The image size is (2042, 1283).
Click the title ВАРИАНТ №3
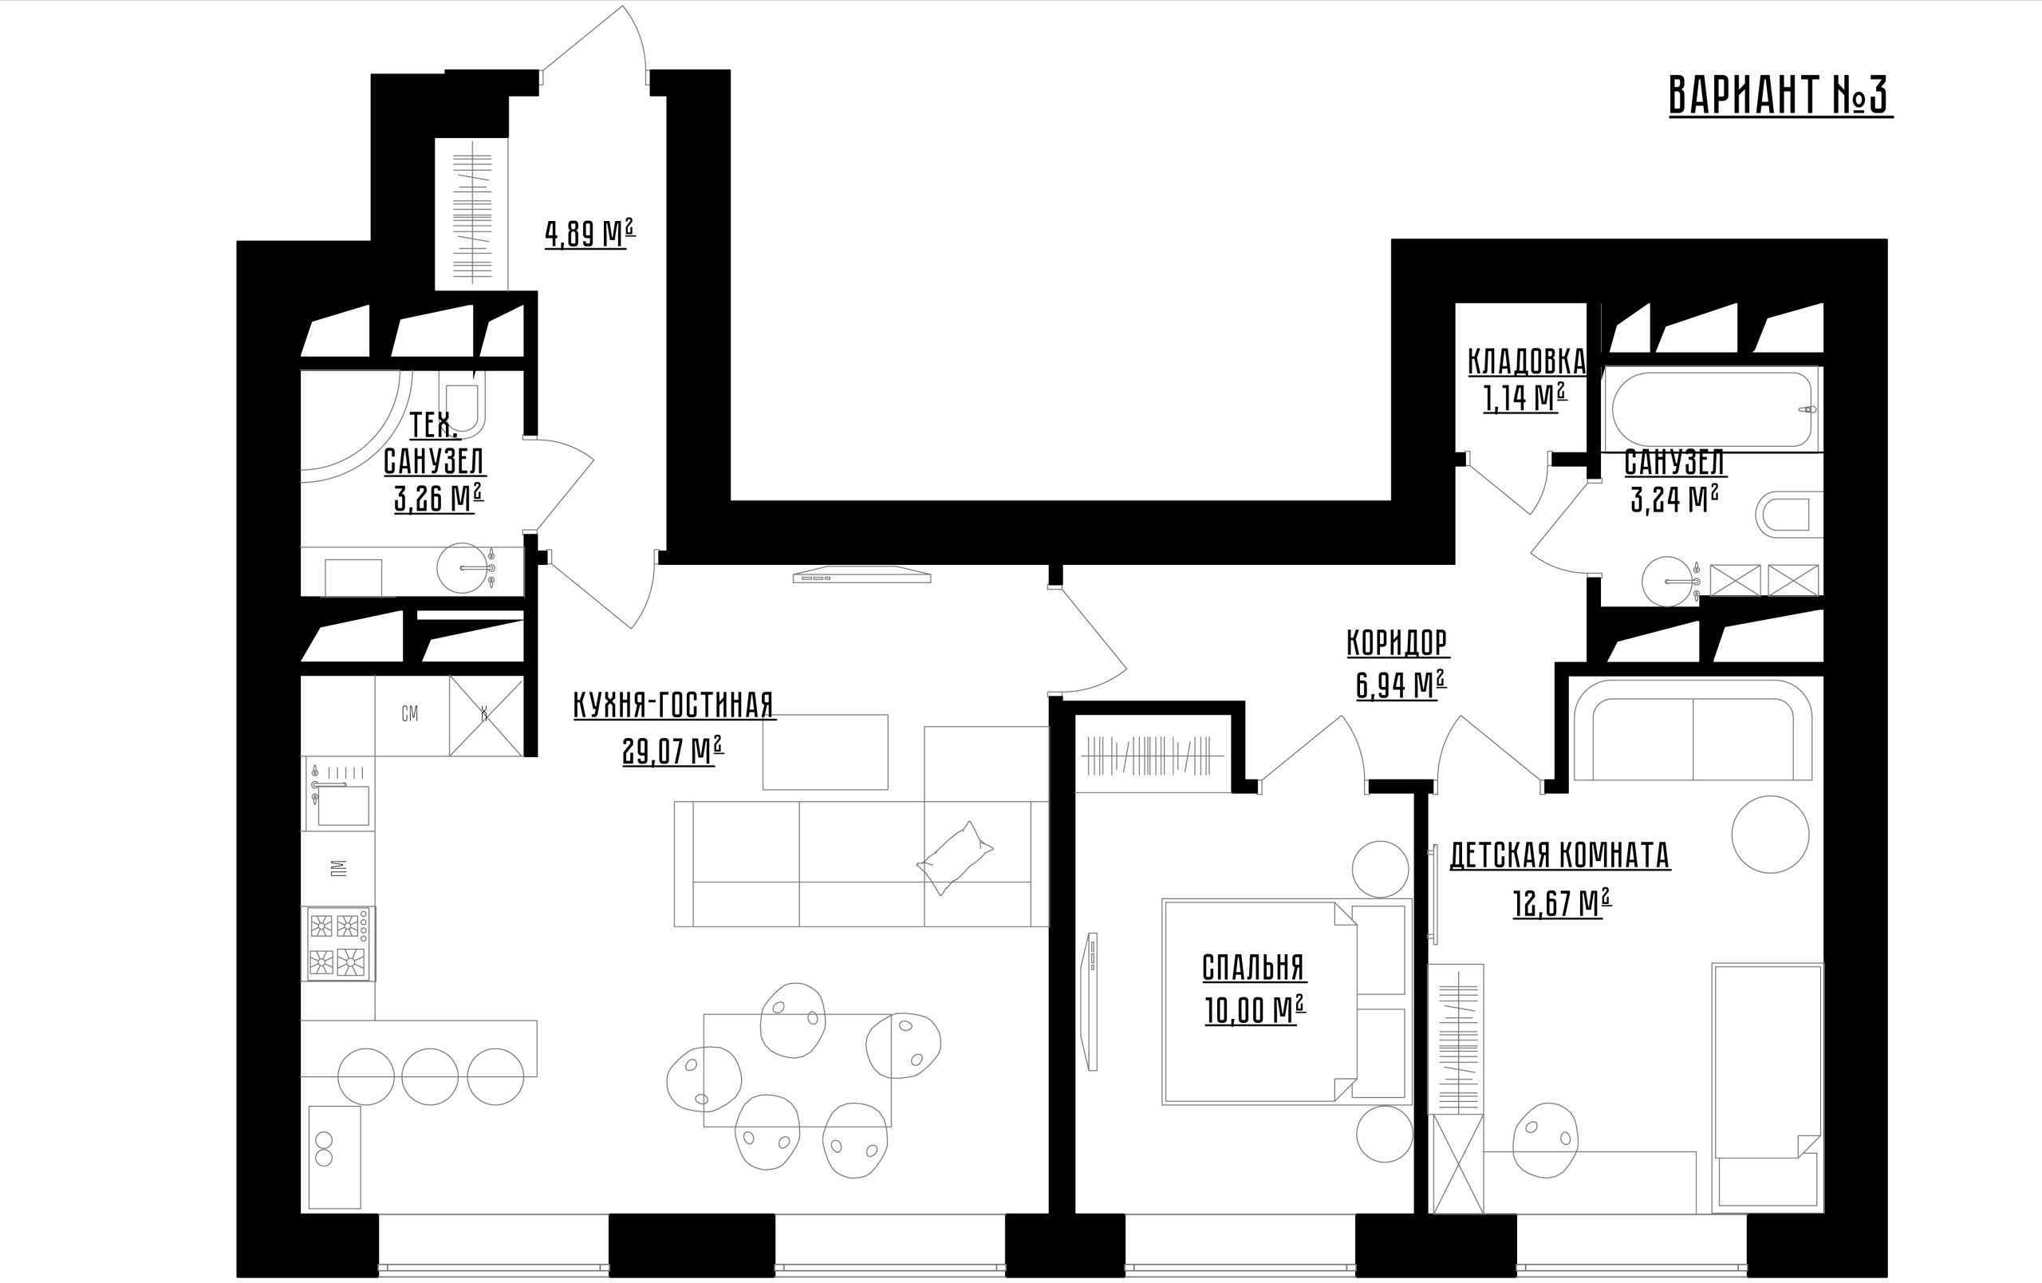pyautogui.click(x=1780, y=95)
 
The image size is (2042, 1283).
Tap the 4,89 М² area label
pyautogui.click(x=589, y=233)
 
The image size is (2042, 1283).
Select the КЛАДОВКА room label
pyautogui.click(x=1527, y=361)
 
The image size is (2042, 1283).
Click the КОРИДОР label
pyautogui.click(x=1397, y=643)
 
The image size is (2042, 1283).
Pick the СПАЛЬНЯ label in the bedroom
pyautogui.click(x=1253, y=968)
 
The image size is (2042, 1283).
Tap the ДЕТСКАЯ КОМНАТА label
pyautogui.click(x=1559, y=855)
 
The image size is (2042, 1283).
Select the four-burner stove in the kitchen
pyautogui.click(x=338, y=944)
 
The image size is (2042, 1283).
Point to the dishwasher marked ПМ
pyautogui.click(x=338, y=867)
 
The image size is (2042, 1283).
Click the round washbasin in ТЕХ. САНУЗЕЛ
pyautogui.click(x=462, y=567)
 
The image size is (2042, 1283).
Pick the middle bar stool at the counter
pyautogui.click(x=430, y=1076)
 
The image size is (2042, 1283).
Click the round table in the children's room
pyautogui.click(x=1770, y=835)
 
